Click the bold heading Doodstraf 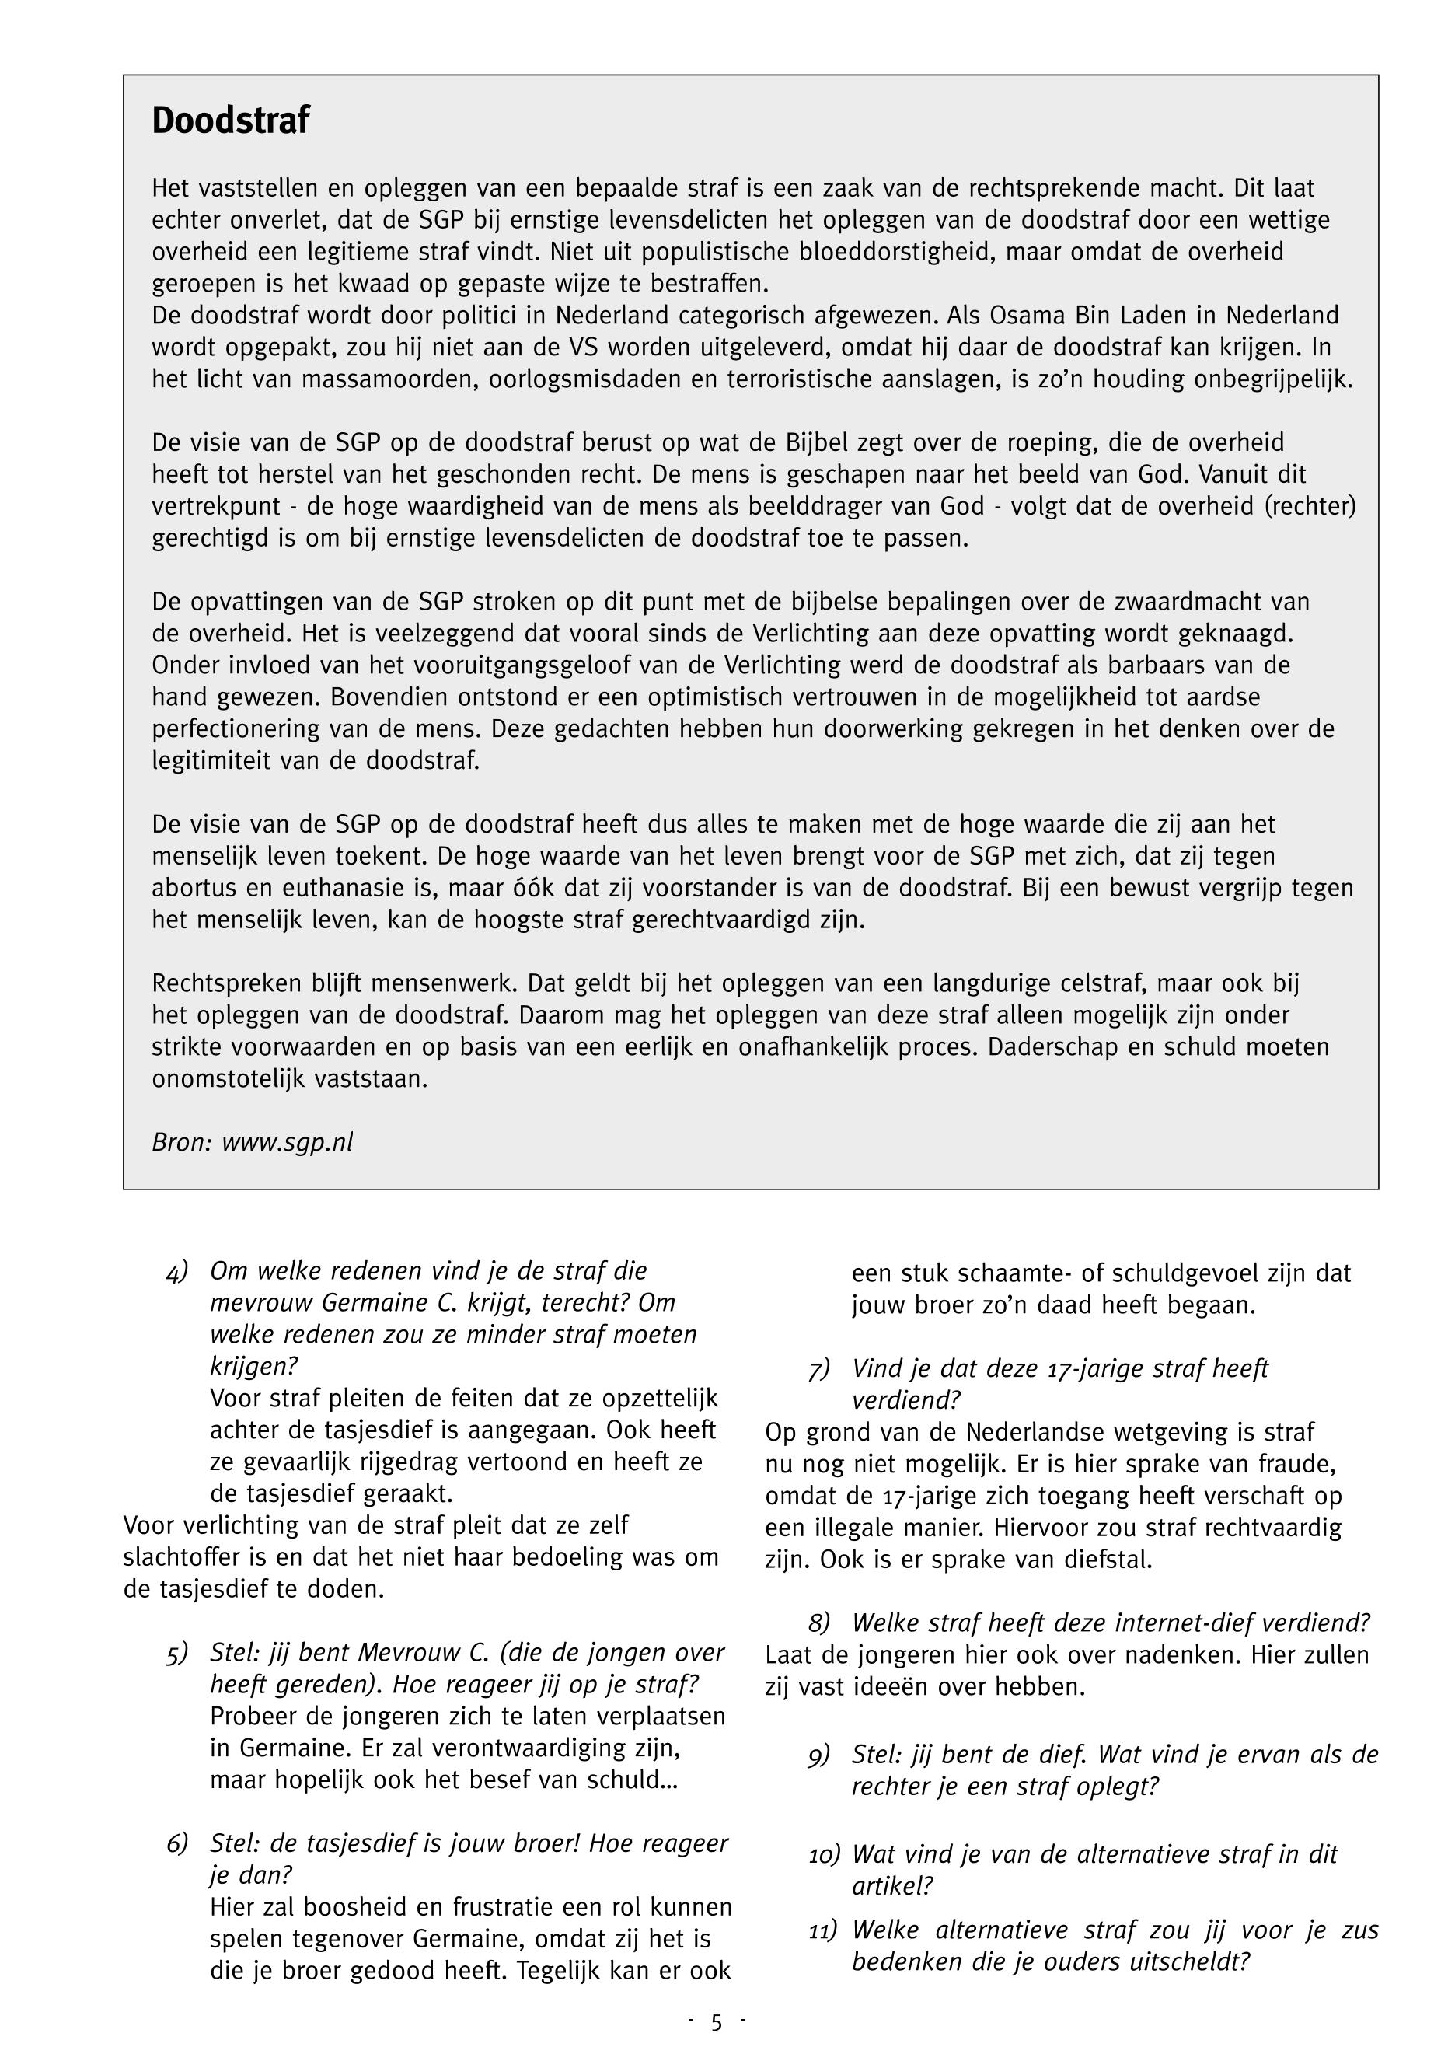click(x=230, y=121)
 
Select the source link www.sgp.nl click(x=288, y=1141)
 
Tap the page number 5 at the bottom click(x=716, y=2022)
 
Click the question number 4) click(x=178, y=1272)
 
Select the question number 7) click(x=819, y=1370)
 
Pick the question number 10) click(x=824, y=1854)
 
